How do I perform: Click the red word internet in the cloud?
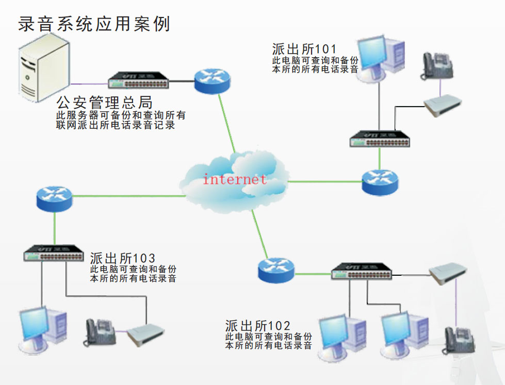(235, 179)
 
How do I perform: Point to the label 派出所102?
(257, 326)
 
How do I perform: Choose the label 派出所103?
(123, 258)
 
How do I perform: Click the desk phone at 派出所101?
(436, 66)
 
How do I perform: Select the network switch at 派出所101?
(380, 139)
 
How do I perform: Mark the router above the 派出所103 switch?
(55, 197)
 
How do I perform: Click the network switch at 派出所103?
(54, 253)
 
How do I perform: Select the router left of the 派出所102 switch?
(276, 270)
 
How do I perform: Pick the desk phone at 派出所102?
(458, 340)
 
